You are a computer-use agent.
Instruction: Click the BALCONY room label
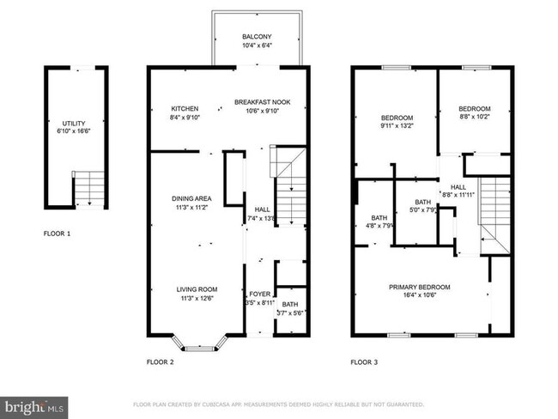(x=257, y=36)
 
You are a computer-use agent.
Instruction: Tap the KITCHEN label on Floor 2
(x=185, y=108)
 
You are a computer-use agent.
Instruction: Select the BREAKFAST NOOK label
(x=263, y=102)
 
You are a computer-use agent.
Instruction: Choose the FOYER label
(x=259, y=294)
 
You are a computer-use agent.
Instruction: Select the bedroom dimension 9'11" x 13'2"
(x=397, y=126)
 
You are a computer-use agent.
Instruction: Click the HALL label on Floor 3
(x=458, y=186)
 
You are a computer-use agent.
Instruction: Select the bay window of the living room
(x=199, y=344)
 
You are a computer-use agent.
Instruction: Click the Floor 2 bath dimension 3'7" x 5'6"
(x=288, y=313)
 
